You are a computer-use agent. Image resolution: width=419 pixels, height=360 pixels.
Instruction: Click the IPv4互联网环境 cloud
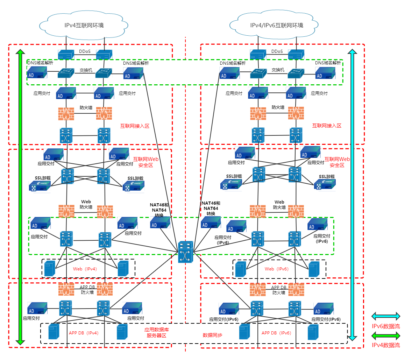pyautogui.click(x=84, y=26)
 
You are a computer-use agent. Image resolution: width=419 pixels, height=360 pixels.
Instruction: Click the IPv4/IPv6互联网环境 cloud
pyautogui.click(x=276, y=26)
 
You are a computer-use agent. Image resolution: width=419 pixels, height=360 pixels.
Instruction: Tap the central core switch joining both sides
pyautogui.click(x=185, y=252)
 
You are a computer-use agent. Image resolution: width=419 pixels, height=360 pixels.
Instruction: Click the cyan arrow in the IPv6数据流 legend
pyautogui.click(x=385, y=316)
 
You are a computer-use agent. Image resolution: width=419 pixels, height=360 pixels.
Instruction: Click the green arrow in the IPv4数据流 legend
pyautogui.click(x=385, y=336)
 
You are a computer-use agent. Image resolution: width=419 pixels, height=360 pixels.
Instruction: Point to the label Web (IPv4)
pyautogui.click(x=85, y=269)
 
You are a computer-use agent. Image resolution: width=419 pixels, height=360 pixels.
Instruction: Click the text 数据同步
pyautogui.click(x=212, y=335)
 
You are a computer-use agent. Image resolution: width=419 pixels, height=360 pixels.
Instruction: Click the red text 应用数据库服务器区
pyautogui.click(x=156, y=333)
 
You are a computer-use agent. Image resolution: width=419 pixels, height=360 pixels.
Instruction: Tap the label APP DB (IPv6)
pyautogui.click(x=276, y=333)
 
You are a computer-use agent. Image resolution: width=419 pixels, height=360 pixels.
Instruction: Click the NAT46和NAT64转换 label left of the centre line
pyautogui.click(x=159, y=210)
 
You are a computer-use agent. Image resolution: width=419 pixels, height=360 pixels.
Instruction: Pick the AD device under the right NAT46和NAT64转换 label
pyautogui.click(x=211, y=222)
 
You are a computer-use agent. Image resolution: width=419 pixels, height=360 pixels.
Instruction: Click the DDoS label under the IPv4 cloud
pyautogui.click(x=85, y=51)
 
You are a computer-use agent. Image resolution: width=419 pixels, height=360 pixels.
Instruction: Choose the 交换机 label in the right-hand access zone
pyautogui.click(x=278, y=70)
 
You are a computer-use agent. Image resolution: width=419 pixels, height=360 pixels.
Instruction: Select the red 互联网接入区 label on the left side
pyautogui.click(x=135, y=126)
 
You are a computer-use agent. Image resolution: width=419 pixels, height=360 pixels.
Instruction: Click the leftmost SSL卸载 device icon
pyautogui.click(x=40, y=186)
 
